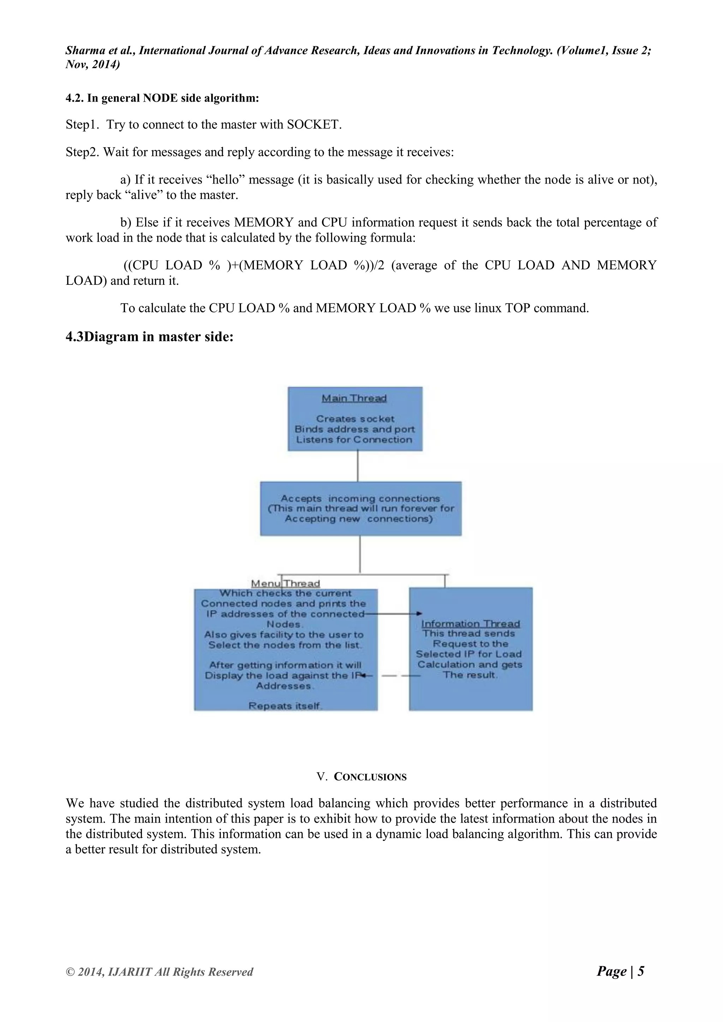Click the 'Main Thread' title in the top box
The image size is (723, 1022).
tap(354, 398)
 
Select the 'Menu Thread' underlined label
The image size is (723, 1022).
tap(285, 583)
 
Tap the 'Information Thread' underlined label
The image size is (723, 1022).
tap(471, 624)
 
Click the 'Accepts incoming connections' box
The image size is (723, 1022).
tap(360, 508)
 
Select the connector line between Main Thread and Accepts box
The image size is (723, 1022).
tap(358, 466)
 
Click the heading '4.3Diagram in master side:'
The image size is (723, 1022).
tap(150, 337)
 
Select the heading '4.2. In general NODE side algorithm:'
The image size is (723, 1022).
tap(162, 98)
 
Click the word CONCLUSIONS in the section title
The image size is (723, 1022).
tap(370, 777)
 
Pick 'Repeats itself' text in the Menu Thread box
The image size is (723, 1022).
tap(285, 705)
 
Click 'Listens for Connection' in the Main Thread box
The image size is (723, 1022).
tap(354, 439)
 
